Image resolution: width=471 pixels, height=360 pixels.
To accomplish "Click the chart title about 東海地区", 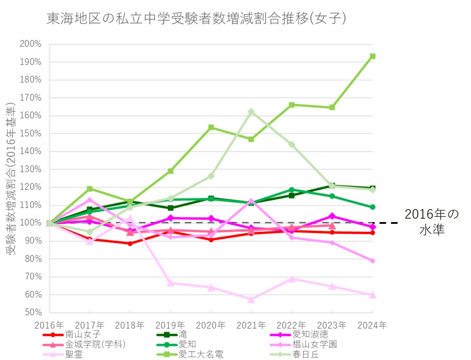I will [x=196, y=18].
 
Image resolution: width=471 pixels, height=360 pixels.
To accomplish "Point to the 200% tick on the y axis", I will [x=31, y=44].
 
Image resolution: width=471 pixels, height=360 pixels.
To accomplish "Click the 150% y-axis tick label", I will [x=31, y=133].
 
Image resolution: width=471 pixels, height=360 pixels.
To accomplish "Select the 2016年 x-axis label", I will [x=49, y=325].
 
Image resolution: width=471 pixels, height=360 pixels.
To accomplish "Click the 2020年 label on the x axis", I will [x=211, y=325].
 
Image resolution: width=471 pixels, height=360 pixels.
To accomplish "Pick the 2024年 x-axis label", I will [x=372, y=325].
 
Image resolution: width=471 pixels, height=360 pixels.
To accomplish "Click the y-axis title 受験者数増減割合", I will [x=11, y=178].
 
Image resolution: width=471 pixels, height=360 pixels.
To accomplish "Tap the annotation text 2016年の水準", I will [x=432, y=222].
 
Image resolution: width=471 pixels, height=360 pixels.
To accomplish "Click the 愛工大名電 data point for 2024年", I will [x=373, y=56].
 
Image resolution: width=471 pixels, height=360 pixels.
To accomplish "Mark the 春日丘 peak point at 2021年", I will [x=251, y=112].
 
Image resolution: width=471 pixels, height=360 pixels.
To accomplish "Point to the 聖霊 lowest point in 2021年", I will [x=251, y=300].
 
